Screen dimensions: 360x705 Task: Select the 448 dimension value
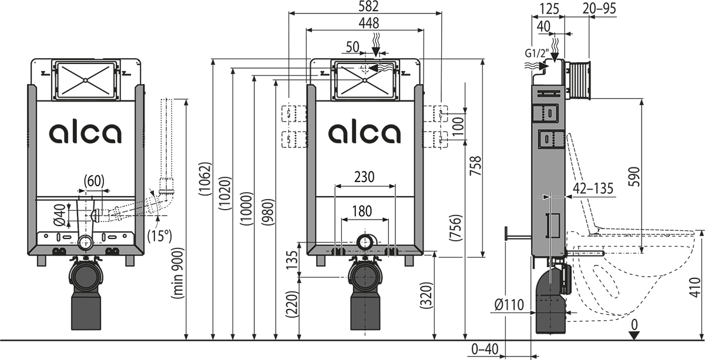pyautogui.click(x=365, y=23)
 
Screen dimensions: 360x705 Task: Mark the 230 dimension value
pyautogui.click(x=365, y=177)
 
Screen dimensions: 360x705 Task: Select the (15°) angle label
pyautogui.click(x=160, y=237)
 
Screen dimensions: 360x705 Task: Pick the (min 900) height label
pyautogui.click(x=177, y=273)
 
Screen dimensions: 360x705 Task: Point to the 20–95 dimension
pyautogui.click(x=600, y=8)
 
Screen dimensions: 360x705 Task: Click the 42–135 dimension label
pyautogui.click(x=593, y=189)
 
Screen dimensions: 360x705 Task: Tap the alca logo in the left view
pyautogui.click(x=85, y=133)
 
